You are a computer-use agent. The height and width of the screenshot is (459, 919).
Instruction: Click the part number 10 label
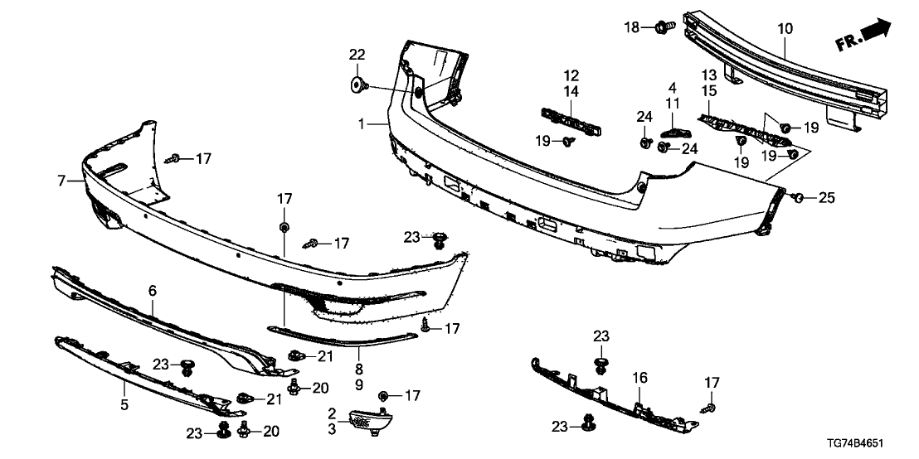(785, 29)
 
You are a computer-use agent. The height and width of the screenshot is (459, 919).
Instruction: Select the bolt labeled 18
(664, 28)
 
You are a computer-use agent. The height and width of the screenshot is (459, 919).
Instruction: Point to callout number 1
(362, 124)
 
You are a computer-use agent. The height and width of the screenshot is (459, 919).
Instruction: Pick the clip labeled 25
(795, 197)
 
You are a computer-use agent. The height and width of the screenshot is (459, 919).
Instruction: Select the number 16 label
(639, 377)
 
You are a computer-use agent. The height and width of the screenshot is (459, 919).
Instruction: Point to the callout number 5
(124, 406)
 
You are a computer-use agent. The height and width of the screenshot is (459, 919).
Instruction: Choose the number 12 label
(572, 75)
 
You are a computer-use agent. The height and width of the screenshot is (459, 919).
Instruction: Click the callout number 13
(710, 75)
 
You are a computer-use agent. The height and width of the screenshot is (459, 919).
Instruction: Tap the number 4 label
(673, 87)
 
